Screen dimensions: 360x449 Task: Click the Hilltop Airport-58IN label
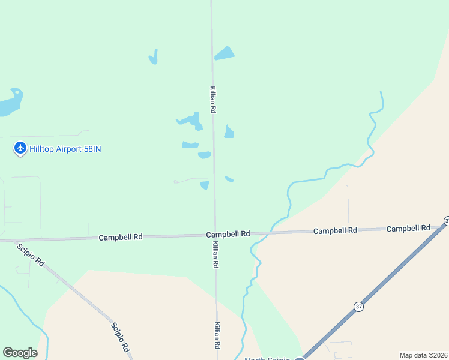(x=65, y=149)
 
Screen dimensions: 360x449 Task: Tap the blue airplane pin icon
(x=20, y=148)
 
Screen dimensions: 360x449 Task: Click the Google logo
(x=20, y=353)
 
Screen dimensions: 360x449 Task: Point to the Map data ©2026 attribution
(x=423, y=355)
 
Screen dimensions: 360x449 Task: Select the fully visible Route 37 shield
(x=359, y=307)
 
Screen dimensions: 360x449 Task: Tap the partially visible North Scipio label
(x=267, y=358)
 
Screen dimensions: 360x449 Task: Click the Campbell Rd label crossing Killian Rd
(x=228, y=234)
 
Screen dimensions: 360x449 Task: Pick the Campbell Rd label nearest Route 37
(x=408, y=228)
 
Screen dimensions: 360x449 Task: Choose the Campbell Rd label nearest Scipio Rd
(x=120, y=238)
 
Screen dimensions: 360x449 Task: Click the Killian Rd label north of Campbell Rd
(x=212, y=100)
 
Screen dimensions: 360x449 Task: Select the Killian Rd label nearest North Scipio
(x=217, y=336)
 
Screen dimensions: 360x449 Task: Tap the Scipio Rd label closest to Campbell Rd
(x=31, y=255)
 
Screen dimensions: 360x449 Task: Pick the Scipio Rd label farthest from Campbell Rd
(x=120, y=337)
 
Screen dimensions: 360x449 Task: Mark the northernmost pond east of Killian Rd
(x=224, y=53)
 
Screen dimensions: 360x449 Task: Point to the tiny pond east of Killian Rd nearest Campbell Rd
(x=229, y=179)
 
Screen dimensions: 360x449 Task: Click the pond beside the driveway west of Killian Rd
(x=205, y=185)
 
